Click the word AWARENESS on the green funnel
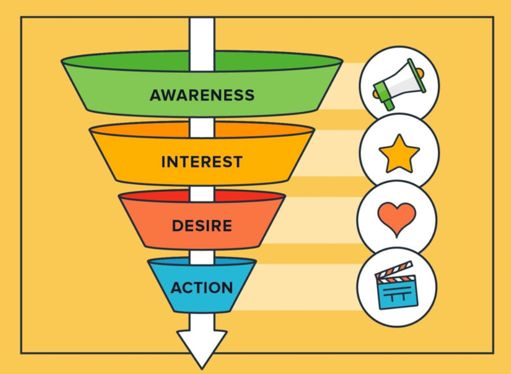point(202,95)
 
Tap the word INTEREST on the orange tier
point(202,162)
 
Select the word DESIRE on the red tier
point(202,226)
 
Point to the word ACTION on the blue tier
point(202,287)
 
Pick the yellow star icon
point(399,153)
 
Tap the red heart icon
point(396,218)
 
